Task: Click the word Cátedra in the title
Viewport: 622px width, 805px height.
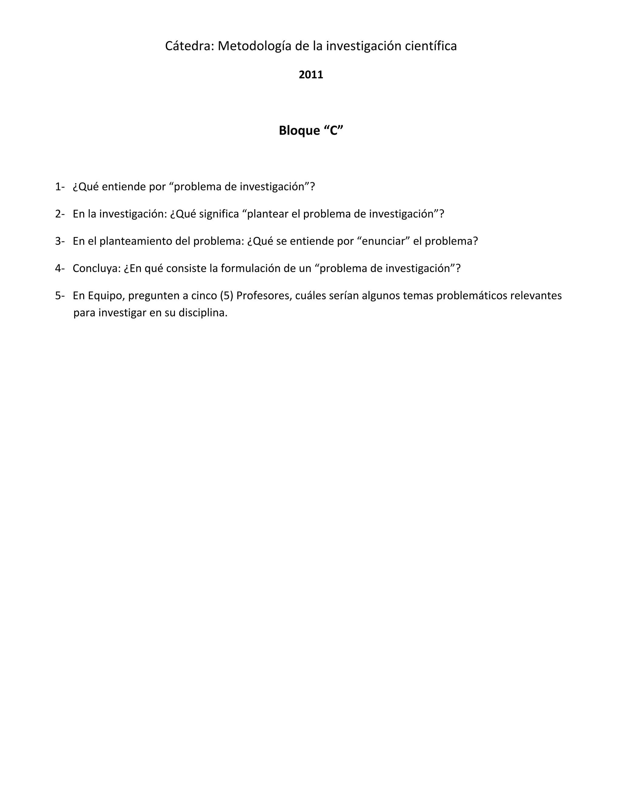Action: click(190, 46)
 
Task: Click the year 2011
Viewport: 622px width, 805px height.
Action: click(311, 75)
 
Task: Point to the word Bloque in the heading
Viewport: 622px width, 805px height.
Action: click(299, 131)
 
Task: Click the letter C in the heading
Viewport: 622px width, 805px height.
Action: click(333, 131)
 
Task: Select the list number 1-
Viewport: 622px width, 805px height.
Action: click(60, 187)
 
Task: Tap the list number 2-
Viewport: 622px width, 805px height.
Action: click(60, 214)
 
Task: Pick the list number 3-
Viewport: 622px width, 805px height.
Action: click(60, 241)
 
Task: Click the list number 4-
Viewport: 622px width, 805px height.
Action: click(60, 268)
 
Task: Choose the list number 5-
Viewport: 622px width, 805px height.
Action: click(60, 296)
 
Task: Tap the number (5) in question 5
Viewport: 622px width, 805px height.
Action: click(227, 296)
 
